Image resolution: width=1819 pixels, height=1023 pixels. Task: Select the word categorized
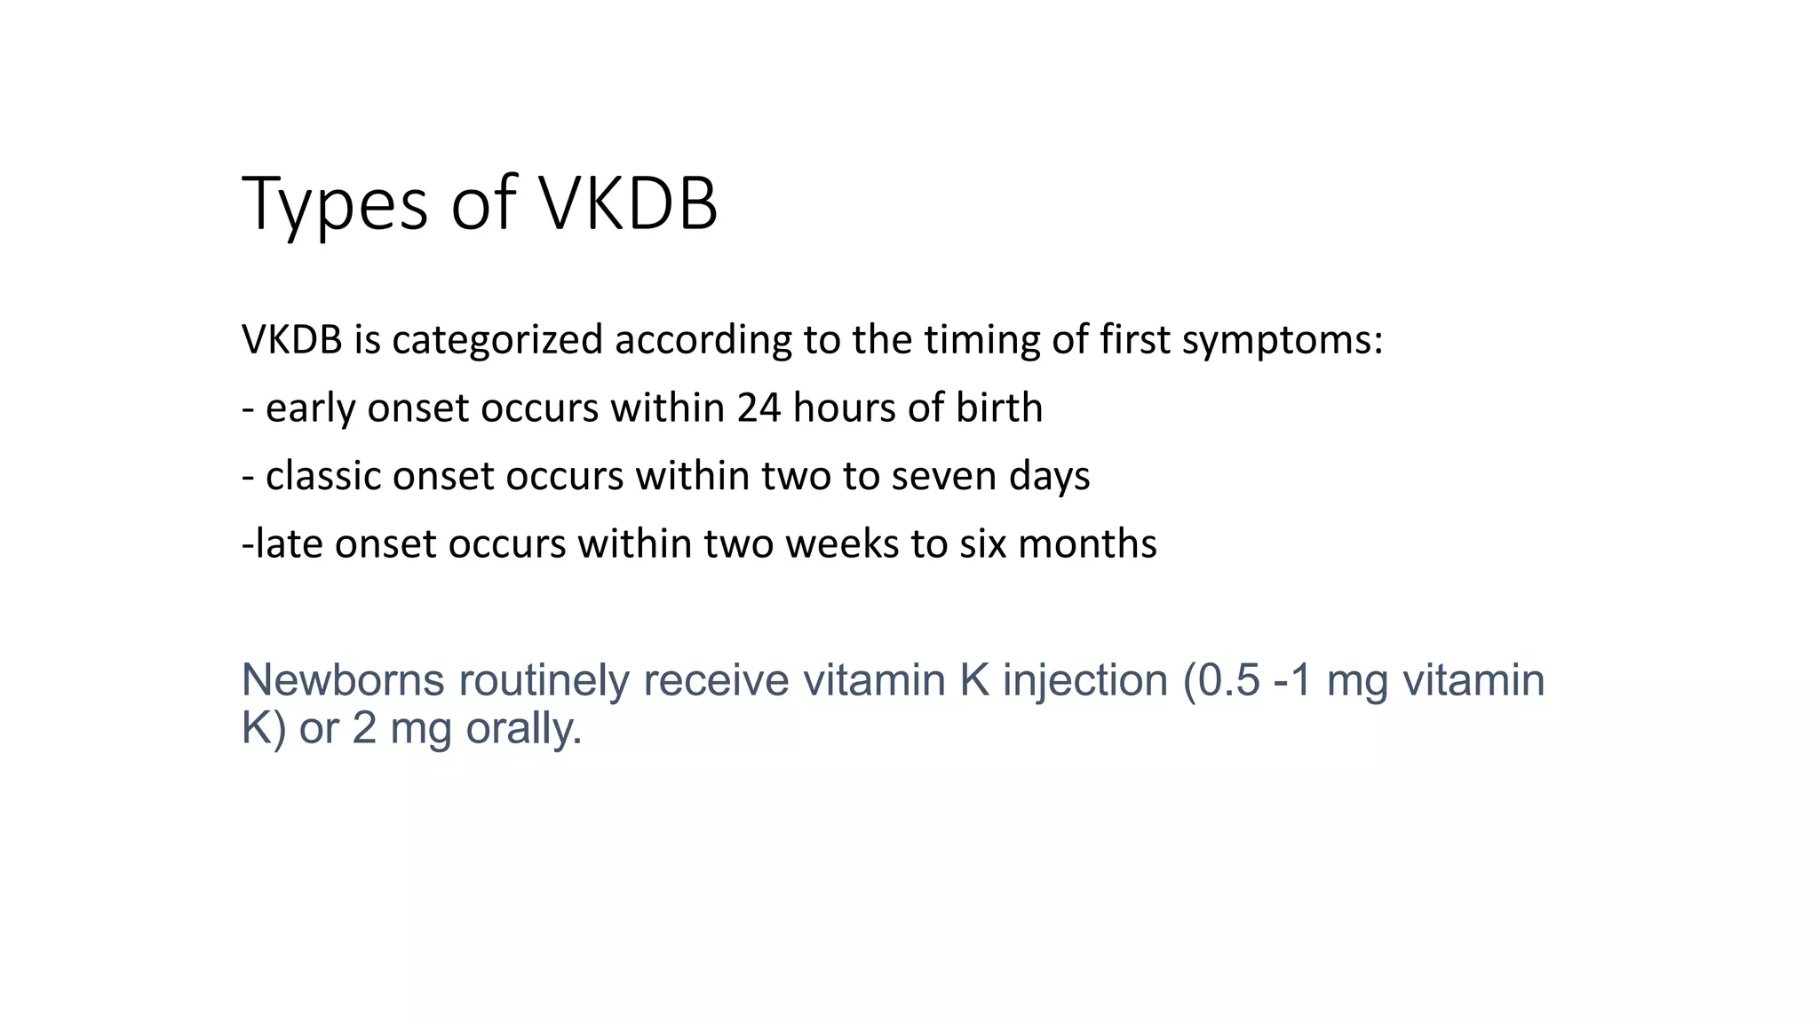click(x=497, y=340)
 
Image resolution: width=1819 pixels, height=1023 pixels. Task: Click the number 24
click(x=759, y=408)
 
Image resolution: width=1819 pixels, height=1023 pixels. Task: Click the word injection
click(x=1085, y=680)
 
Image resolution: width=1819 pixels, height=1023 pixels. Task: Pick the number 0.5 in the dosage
click(x=1229, y=680)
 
